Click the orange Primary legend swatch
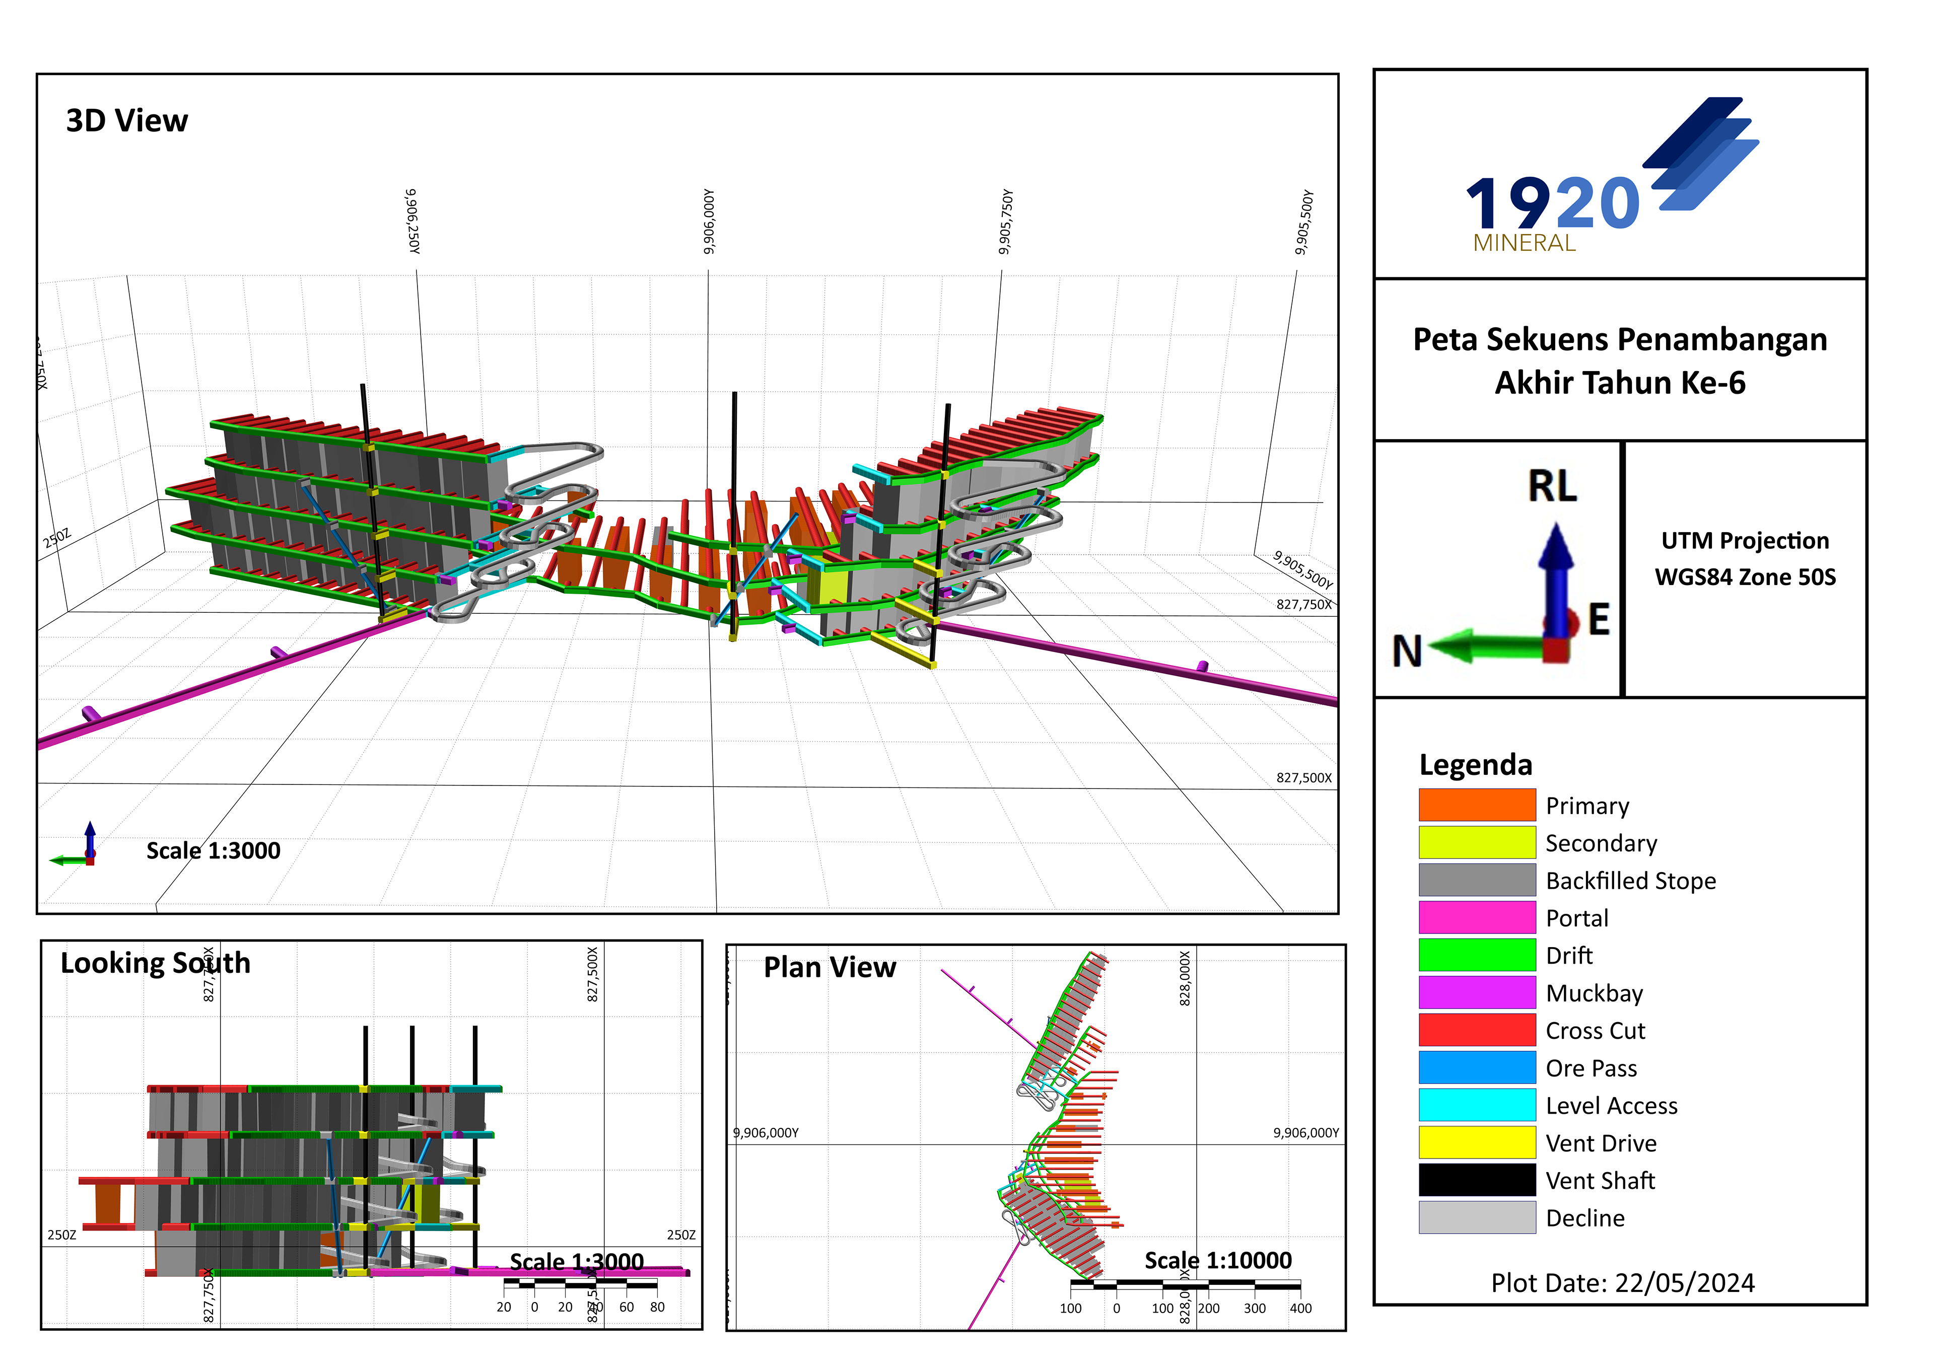(1477, 805)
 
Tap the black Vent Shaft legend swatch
(1477, 1180)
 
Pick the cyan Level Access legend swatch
(1477, 1105)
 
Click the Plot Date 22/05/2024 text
(1622, 1283)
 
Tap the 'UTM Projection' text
(1745, 541)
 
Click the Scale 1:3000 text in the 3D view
(213, 851)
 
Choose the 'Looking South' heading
(156, 963)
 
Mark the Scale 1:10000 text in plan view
(1217, 1261)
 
